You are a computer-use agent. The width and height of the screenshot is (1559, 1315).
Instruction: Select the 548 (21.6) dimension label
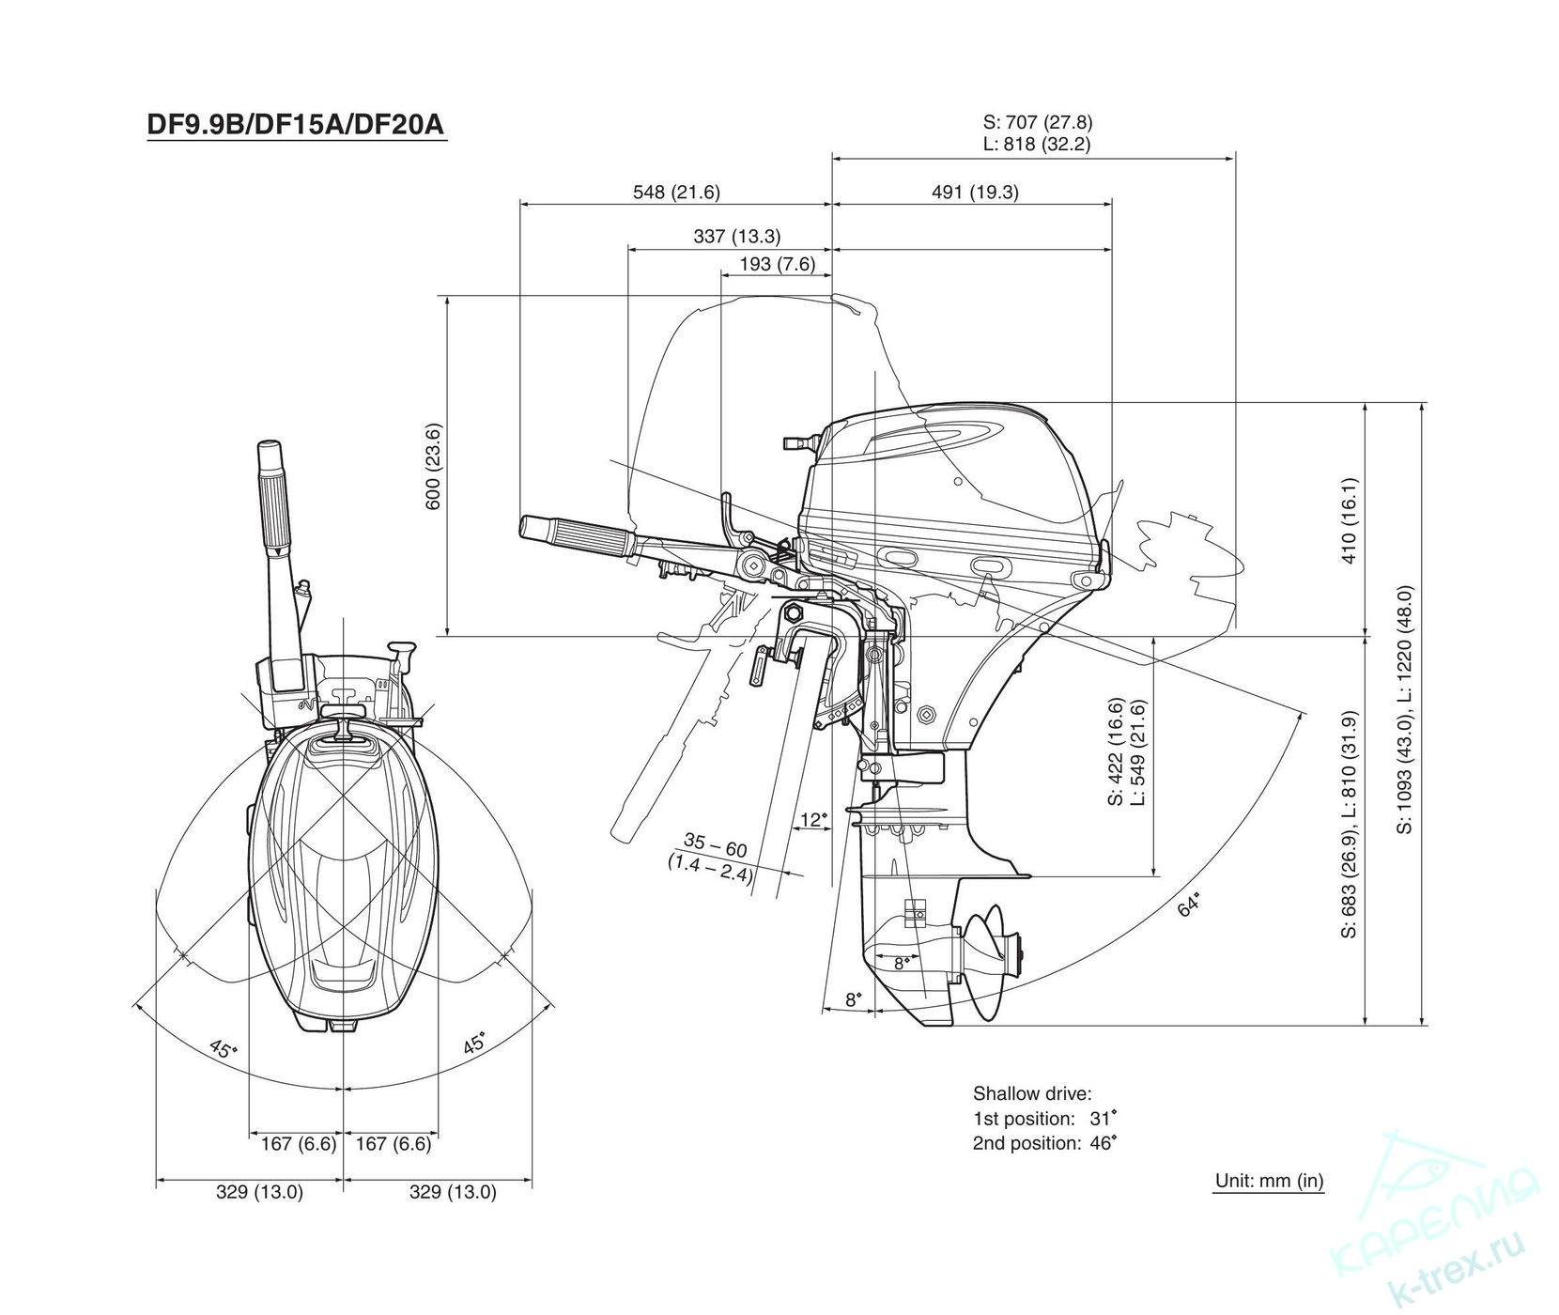coord(676,192)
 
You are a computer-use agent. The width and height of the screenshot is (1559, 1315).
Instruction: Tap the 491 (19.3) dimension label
coord(975,192)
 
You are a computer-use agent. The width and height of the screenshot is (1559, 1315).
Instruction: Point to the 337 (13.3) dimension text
coord(737,237)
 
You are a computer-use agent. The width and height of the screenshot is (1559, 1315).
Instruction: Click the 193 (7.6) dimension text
coord(778,264)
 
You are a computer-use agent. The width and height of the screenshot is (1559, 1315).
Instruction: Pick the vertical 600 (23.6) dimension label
coord(433,467)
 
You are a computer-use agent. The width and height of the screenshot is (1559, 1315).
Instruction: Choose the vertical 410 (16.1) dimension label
coord(1350,520)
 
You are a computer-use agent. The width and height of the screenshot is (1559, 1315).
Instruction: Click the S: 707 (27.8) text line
coord(1038,121)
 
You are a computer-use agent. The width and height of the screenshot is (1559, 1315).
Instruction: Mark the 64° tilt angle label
coord(1189,905)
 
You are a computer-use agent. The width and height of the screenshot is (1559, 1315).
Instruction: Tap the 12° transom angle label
coord(813,819)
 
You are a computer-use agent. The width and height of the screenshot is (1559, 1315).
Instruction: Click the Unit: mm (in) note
coord(1269,1181)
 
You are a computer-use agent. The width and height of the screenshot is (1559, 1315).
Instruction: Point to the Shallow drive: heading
coord(1032,1093)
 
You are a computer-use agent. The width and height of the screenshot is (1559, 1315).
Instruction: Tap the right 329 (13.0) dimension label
coord(453,1192)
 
